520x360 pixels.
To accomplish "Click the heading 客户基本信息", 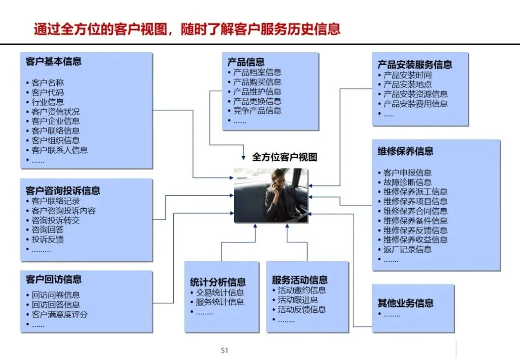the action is (53, 61).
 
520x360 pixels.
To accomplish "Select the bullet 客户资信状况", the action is (56, 111).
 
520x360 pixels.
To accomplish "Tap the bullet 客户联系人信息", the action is (60, 150).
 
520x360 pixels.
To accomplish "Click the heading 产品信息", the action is (246, 62).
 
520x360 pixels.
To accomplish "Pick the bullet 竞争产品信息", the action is (257, 111).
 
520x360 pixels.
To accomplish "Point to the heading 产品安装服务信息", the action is (415, 65).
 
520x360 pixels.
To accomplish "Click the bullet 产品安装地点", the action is (407, 84).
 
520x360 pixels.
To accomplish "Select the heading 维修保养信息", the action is (405, 151).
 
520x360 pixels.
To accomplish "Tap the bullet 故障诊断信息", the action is (407, 182).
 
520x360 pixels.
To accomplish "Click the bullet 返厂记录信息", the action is (407, 249).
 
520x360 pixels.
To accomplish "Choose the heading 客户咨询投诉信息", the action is (63, 191).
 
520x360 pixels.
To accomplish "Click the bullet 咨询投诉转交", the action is (56, 220).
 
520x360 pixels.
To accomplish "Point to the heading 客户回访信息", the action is (53, 279).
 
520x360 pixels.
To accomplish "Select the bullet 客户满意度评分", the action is (60, 314).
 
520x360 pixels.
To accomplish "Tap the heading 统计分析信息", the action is (218, 282).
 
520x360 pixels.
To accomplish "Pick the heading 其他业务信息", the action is (405, 303).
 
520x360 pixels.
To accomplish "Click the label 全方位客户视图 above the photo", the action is (285, 157).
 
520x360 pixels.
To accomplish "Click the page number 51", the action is (224, 350).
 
